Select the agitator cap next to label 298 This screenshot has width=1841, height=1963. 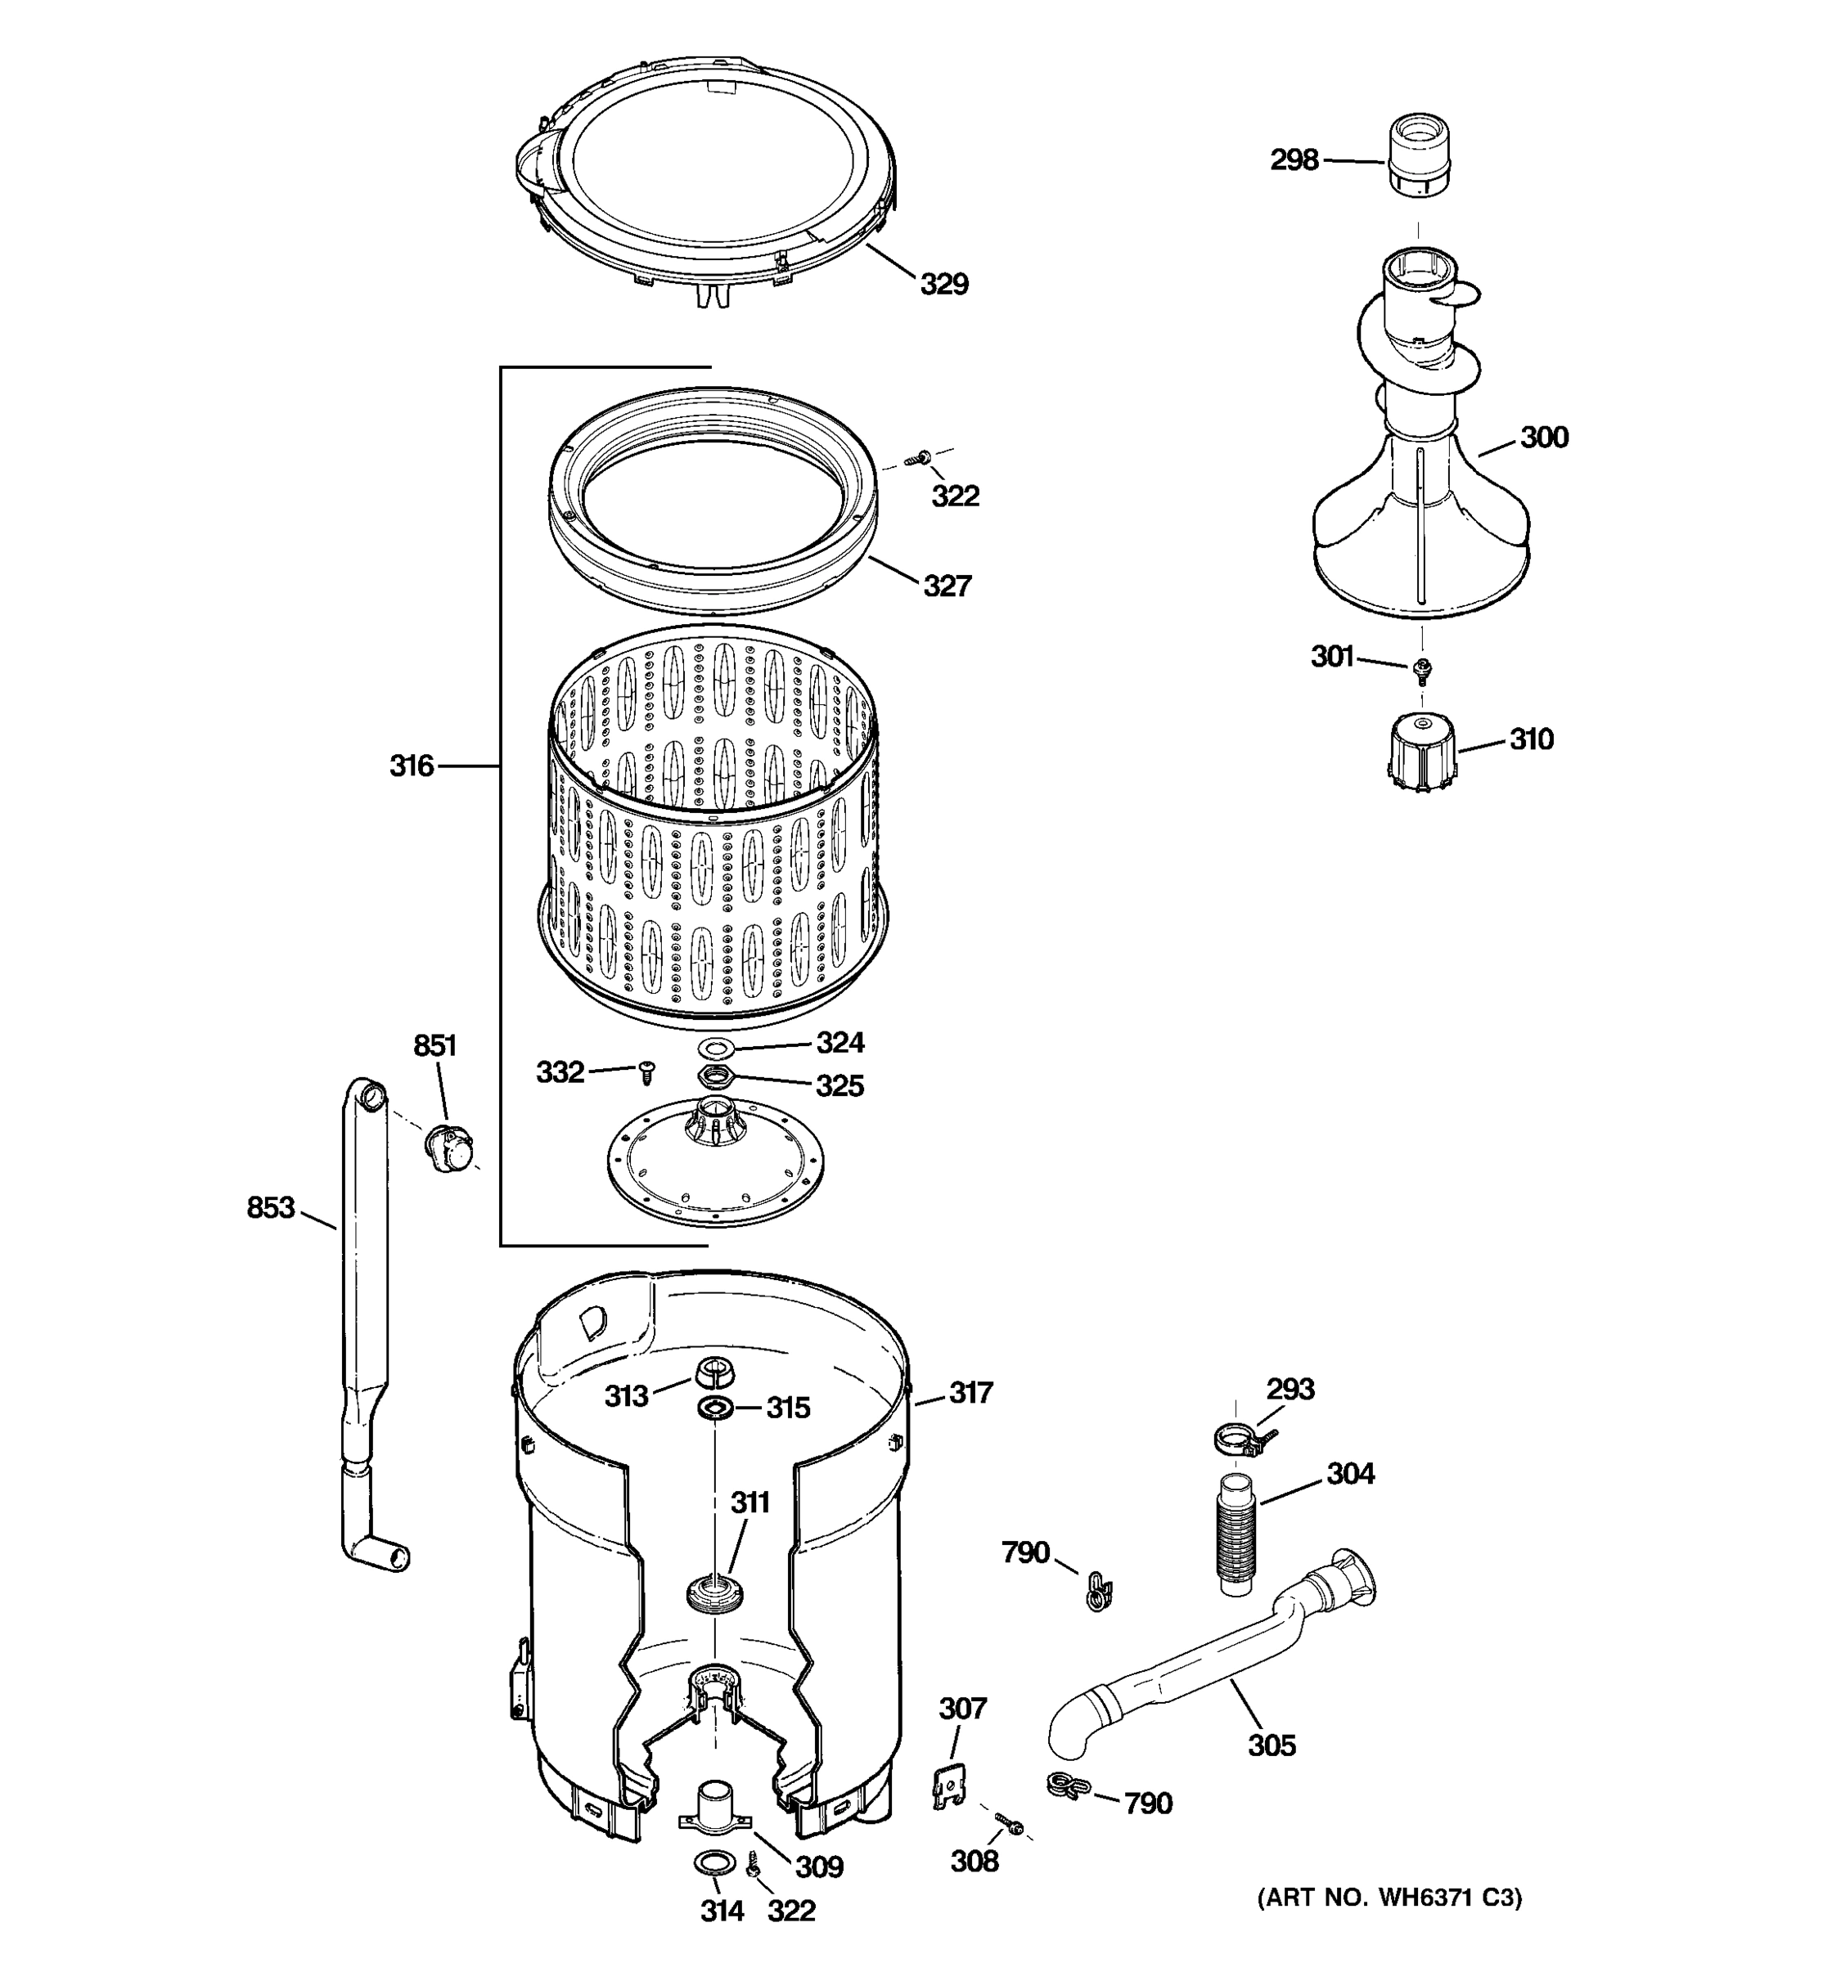[1420, 155]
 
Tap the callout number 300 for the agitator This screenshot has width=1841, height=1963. [1544, 438]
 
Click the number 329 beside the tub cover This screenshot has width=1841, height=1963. [943, 285]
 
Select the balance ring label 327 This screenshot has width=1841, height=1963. [946, 586]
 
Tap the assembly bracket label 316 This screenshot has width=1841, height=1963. [411, 766]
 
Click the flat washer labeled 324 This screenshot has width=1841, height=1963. [711, 1047]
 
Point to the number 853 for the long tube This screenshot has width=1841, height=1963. [271, 1206]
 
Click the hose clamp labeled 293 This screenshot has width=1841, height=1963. [1239, 1440]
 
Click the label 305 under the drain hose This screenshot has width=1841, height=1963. [1272, 1745]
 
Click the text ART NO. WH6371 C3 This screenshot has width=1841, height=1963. [1389, 1897]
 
